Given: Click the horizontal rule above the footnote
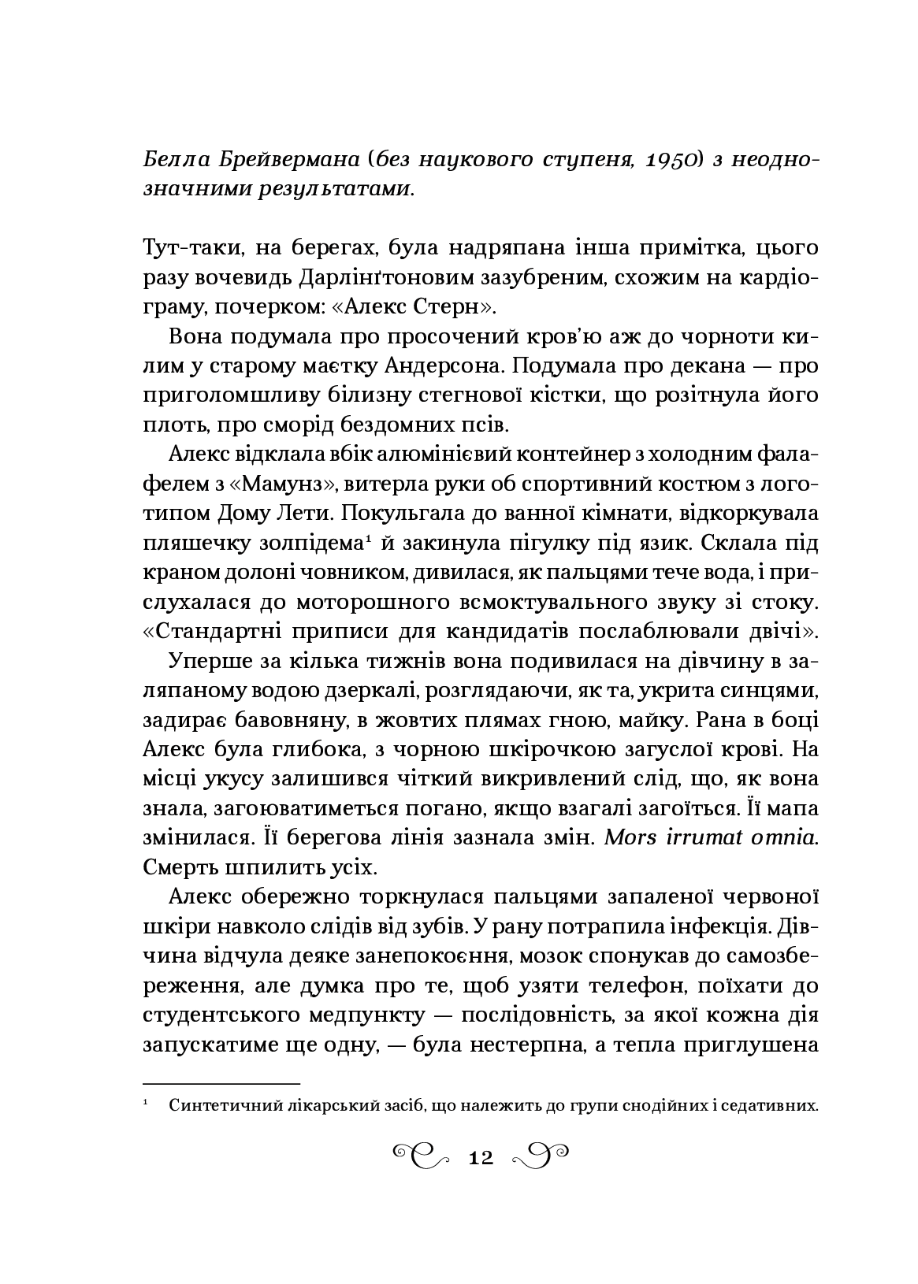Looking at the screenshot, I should click(222, 1084).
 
